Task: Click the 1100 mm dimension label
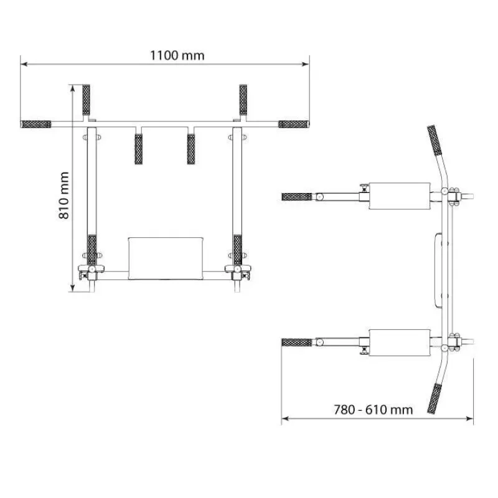click(x=177, y=55)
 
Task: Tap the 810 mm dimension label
click(x=64, y=195)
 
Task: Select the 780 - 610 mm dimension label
click(x=373, y=410)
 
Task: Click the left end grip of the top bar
click(x=36, y=124)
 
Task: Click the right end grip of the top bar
click(x=293, y=124)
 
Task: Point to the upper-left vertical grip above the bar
click(x=86, y=100)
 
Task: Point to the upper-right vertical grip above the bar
click(x=243, y=100)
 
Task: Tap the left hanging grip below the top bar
click(x=138, y=149)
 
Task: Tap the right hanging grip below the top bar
click(x=191, y=149)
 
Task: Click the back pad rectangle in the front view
click(x=166, y=258)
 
